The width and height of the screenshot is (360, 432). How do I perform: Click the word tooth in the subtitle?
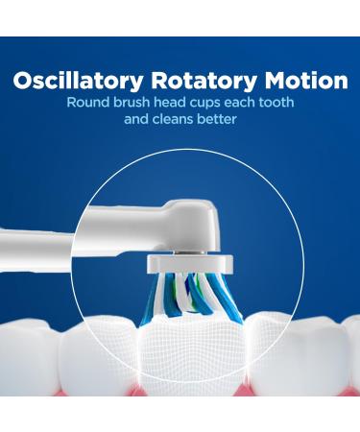tap(297, 103)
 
